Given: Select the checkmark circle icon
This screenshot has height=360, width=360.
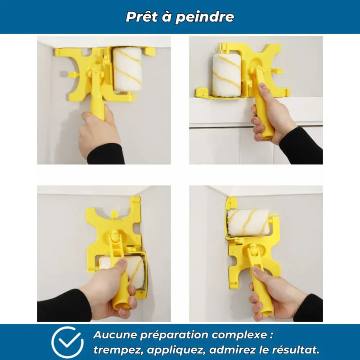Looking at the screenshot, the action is click(67, 342).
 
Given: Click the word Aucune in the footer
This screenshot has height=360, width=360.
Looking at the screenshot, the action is click(115, 335).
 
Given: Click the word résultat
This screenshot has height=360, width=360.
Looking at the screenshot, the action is click(296, 350).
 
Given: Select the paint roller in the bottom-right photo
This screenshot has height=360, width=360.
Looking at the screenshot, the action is click(248, 222).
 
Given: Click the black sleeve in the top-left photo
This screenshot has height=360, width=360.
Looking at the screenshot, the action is click(106, 154).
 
